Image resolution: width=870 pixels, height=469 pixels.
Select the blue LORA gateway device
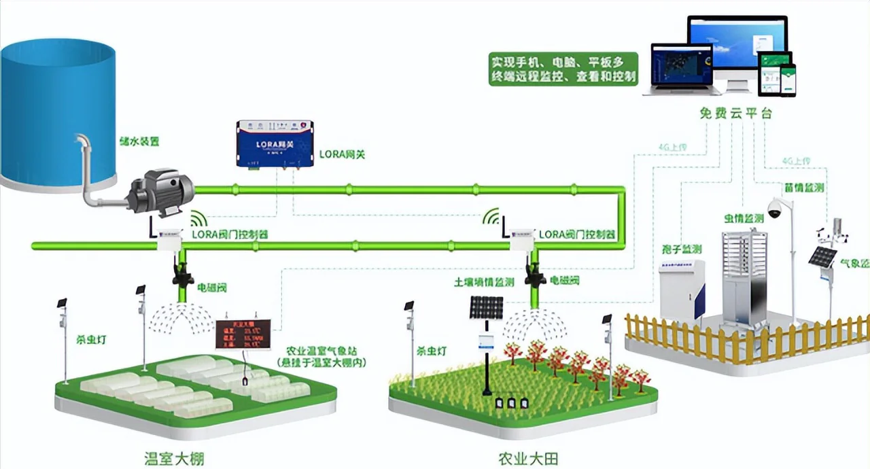(x=275, y=143)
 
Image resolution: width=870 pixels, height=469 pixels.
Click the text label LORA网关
(x=342, y=154)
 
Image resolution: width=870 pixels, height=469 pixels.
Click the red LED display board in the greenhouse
(x=243, y=334)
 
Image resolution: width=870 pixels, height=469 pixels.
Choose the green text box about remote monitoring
(x=563, y=69)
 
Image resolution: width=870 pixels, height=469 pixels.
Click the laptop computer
(x=682, y=70)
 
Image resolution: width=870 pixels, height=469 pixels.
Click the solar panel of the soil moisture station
(x=485, y=308)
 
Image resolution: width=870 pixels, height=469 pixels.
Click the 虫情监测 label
(x=744, y=219)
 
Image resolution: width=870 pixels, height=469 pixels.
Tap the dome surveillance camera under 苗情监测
(x=775, y=210)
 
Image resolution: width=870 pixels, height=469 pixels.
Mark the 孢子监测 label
(x=681, y=249)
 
